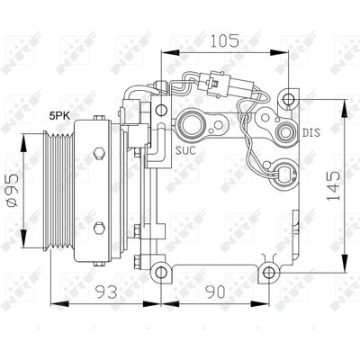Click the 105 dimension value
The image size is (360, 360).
pos(225,40)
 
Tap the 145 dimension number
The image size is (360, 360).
pos(333,186)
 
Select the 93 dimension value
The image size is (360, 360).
pos(106,292)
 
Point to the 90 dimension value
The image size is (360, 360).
pos(215,292)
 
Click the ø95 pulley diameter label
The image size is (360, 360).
pos(13,190)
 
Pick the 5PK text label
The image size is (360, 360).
pos(60,116)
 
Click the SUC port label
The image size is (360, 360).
pos(185,150)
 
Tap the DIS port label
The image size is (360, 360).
pos(311,132)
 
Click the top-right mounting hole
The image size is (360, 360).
pos(289,99)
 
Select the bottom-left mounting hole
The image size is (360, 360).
pos(161,273)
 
